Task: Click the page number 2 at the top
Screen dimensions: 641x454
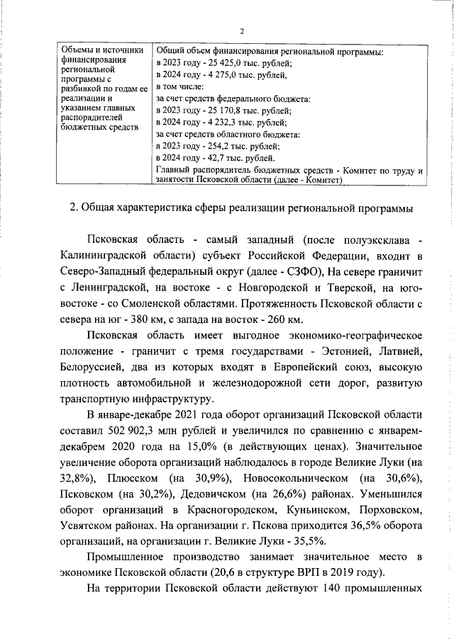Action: pyautogui.click(x=242, y=31)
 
